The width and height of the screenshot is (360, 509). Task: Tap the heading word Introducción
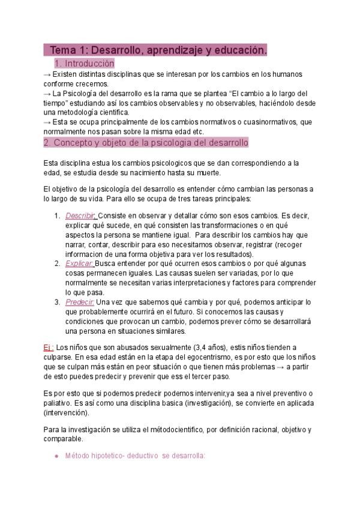[89, 63]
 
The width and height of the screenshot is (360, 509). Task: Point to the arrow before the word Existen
[47, 74]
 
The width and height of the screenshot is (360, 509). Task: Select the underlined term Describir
[80, 215]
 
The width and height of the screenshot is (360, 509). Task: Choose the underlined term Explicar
[79, 264]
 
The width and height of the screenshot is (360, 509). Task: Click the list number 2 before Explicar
[56, 264]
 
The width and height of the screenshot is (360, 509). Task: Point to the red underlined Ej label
[49, 348]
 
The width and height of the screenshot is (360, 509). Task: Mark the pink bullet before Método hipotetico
[56, 456]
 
